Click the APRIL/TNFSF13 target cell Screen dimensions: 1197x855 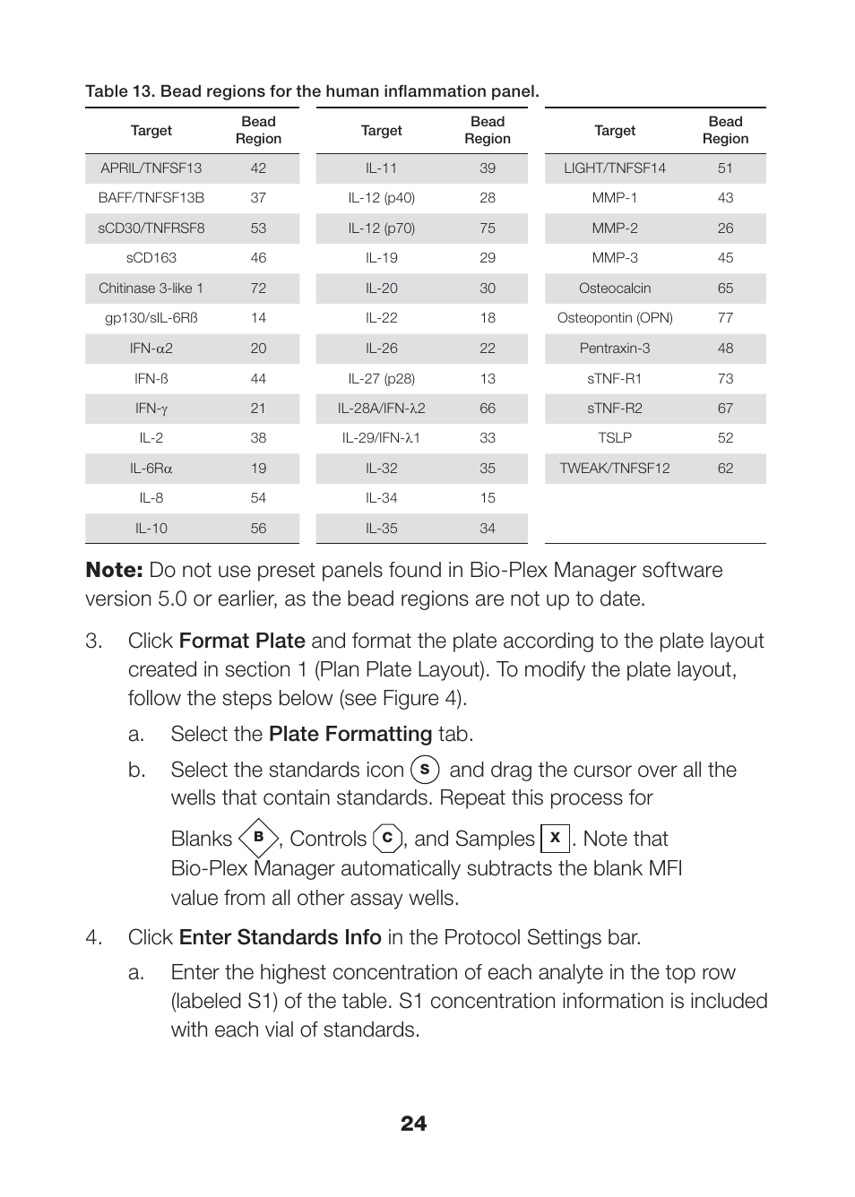151,168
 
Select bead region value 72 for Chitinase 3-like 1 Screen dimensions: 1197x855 258,288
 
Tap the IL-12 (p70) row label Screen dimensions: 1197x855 381,228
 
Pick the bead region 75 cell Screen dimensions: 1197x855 487,228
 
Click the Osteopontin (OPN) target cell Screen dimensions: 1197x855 615,318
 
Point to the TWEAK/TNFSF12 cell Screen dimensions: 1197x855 615,469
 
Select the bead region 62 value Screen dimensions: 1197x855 725,469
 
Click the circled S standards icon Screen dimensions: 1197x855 425,770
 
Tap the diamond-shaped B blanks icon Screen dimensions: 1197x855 258,838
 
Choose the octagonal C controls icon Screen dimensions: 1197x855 387,838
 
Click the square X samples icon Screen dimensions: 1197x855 555,838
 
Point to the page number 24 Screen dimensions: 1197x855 413,1124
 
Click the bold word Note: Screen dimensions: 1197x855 114,571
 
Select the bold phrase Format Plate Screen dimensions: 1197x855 242,642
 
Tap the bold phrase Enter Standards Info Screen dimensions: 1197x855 280,938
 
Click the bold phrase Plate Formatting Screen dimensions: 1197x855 350,735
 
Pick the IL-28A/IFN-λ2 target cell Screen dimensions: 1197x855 381,409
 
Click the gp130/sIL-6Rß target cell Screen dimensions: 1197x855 151,318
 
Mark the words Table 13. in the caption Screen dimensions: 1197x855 120,91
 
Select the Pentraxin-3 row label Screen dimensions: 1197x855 615,349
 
